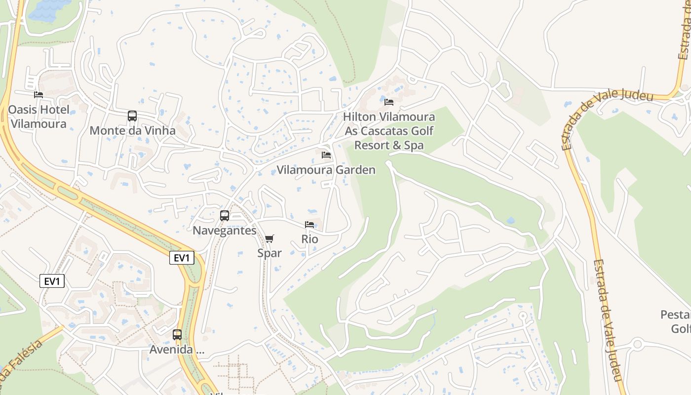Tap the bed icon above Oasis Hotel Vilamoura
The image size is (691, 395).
point(38,94)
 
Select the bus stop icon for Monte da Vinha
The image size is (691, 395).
point(132,116)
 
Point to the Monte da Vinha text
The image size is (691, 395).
point(132,131)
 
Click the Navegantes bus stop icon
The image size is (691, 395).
point(225,216)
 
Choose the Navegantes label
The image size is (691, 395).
point(225,231)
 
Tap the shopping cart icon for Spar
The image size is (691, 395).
point(269,239)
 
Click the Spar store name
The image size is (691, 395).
point(269,253)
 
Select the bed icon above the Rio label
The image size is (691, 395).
point(309,225)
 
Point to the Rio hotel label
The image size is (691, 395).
point(310,239)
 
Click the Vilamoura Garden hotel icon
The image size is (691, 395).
point(326,155)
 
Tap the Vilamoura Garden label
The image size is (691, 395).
point(326,170)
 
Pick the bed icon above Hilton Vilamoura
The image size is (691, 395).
point(389,102)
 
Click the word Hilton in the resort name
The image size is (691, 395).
point(360,117)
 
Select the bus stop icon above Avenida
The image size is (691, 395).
point(177,335)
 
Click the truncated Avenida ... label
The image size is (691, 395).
point(177,350)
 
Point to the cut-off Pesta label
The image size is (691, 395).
point(675,315)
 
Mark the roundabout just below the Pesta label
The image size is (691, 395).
point(637,344)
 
